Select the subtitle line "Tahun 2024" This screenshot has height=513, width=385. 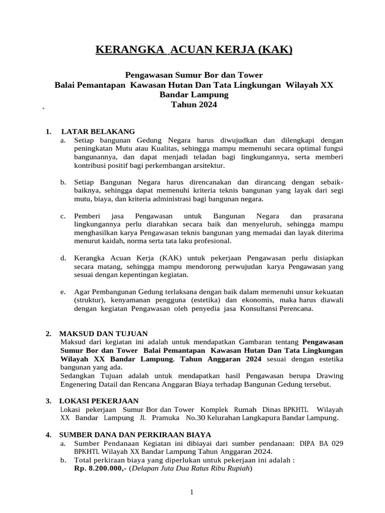coord(194,105)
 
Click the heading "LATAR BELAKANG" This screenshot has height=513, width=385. coord(97,132)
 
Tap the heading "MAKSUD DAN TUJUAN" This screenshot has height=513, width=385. coord(103,334)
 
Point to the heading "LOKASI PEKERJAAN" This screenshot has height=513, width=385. coord(99,401)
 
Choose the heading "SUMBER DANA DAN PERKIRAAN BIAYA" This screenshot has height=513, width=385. coord(135,434)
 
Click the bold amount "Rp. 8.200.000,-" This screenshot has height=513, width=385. coord(100,469)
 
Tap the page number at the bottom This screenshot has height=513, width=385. coord(191,493)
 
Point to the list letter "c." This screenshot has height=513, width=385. coord(63,216)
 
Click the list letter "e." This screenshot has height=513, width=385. coord(63,292)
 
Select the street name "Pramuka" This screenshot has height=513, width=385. coord(163,417)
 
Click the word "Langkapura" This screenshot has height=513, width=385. coord(259,417)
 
